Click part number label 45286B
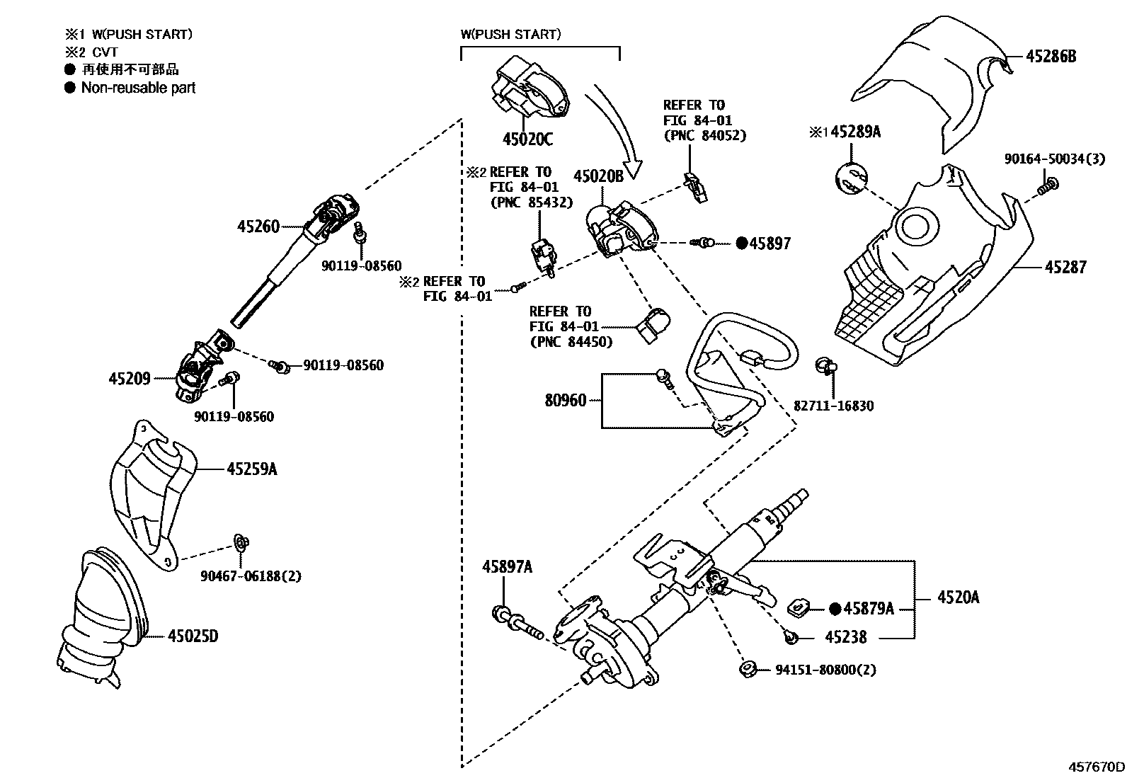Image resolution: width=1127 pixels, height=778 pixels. click(1051, 57)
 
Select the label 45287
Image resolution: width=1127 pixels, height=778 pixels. click(1065, 268)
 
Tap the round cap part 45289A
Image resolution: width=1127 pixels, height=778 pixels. click(850, 178)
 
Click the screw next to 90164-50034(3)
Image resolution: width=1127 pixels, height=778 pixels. click(1047, 187)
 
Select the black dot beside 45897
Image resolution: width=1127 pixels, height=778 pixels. click(741, 244)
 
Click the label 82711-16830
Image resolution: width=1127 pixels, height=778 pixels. click(833, 406)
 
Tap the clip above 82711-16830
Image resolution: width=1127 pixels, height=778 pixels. click(825, 366)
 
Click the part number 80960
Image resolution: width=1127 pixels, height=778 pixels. click(566, 401)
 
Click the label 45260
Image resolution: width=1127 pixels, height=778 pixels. click(258, 227)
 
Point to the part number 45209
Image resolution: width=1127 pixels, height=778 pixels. click(130, 379)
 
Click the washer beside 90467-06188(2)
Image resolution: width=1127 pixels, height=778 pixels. click(241, 544)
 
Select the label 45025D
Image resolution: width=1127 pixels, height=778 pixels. click(193, 636)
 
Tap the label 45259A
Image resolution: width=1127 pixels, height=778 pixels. click(252, 469)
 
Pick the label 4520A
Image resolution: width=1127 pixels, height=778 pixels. click(958, 597)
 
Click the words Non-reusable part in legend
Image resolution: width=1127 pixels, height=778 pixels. click(138, 88)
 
